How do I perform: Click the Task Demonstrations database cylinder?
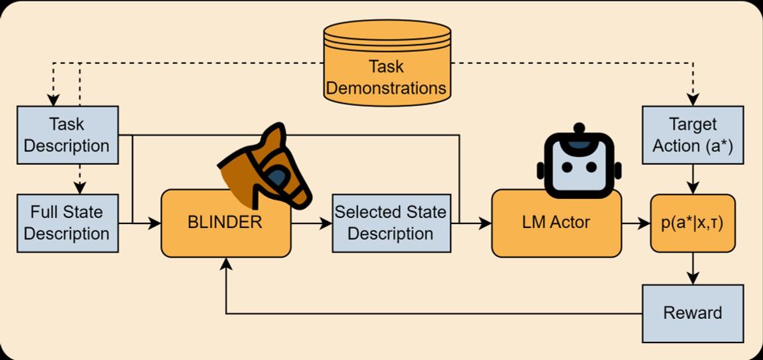387,61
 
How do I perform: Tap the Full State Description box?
66,222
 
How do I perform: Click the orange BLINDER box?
225,223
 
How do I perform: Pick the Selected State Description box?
390,223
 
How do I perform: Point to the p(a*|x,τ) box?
692,223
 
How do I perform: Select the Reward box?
692,313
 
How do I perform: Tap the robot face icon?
578,161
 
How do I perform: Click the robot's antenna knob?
578,127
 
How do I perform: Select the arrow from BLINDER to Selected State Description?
311,223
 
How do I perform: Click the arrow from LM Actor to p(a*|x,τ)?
633,223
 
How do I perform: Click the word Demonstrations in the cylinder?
387,87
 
